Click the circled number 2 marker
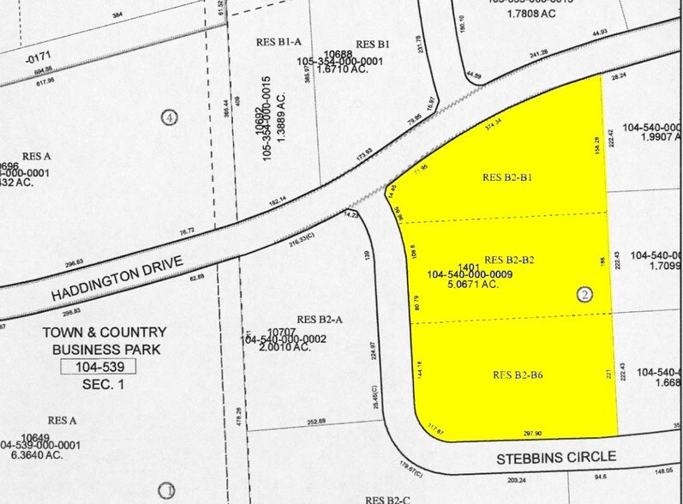pos(585,294)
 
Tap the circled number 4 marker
pos(170,117)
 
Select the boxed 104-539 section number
pos(99,367)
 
